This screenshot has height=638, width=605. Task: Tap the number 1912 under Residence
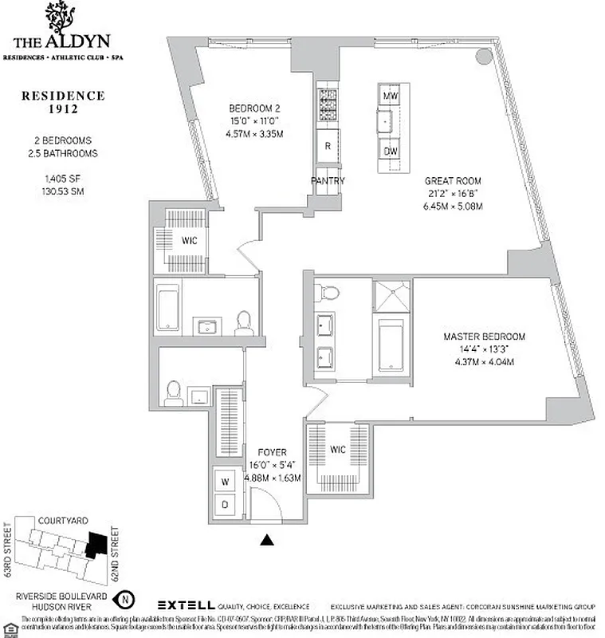click(63, 110)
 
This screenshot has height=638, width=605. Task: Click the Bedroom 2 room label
click(253, 109)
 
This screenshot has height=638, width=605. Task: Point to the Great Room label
click(453, 181)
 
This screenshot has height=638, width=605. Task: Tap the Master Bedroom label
click(484, 337)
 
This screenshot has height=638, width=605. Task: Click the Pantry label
click(328, 181)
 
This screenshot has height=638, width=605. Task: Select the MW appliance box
click(391, 96)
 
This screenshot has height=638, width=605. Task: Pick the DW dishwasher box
click(391, 151)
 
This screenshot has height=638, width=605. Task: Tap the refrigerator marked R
click(328, 145)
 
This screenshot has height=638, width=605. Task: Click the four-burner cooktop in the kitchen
click(328, 101)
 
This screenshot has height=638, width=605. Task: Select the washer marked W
click(226, 481)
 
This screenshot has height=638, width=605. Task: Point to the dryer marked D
click(226, 505)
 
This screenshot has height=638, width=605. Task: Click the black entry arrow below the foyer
click(268, 541)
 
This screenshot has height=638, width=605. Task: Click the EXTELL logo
click(184, 605)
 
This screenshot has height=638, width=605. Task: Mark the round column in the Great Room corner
click(484, 57)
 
